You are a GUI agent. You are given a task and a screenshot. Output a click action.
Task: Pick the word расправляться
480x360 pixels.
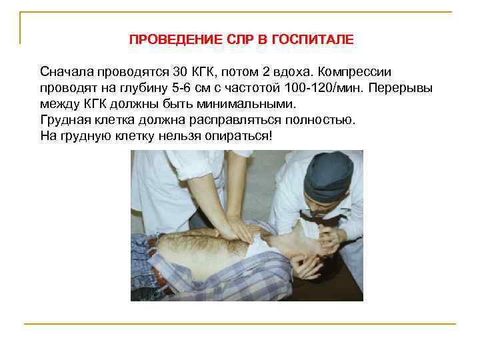(245, 120)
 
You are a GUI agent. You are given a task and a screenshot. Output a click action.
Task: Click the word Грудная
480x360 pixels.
(65, 120)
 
